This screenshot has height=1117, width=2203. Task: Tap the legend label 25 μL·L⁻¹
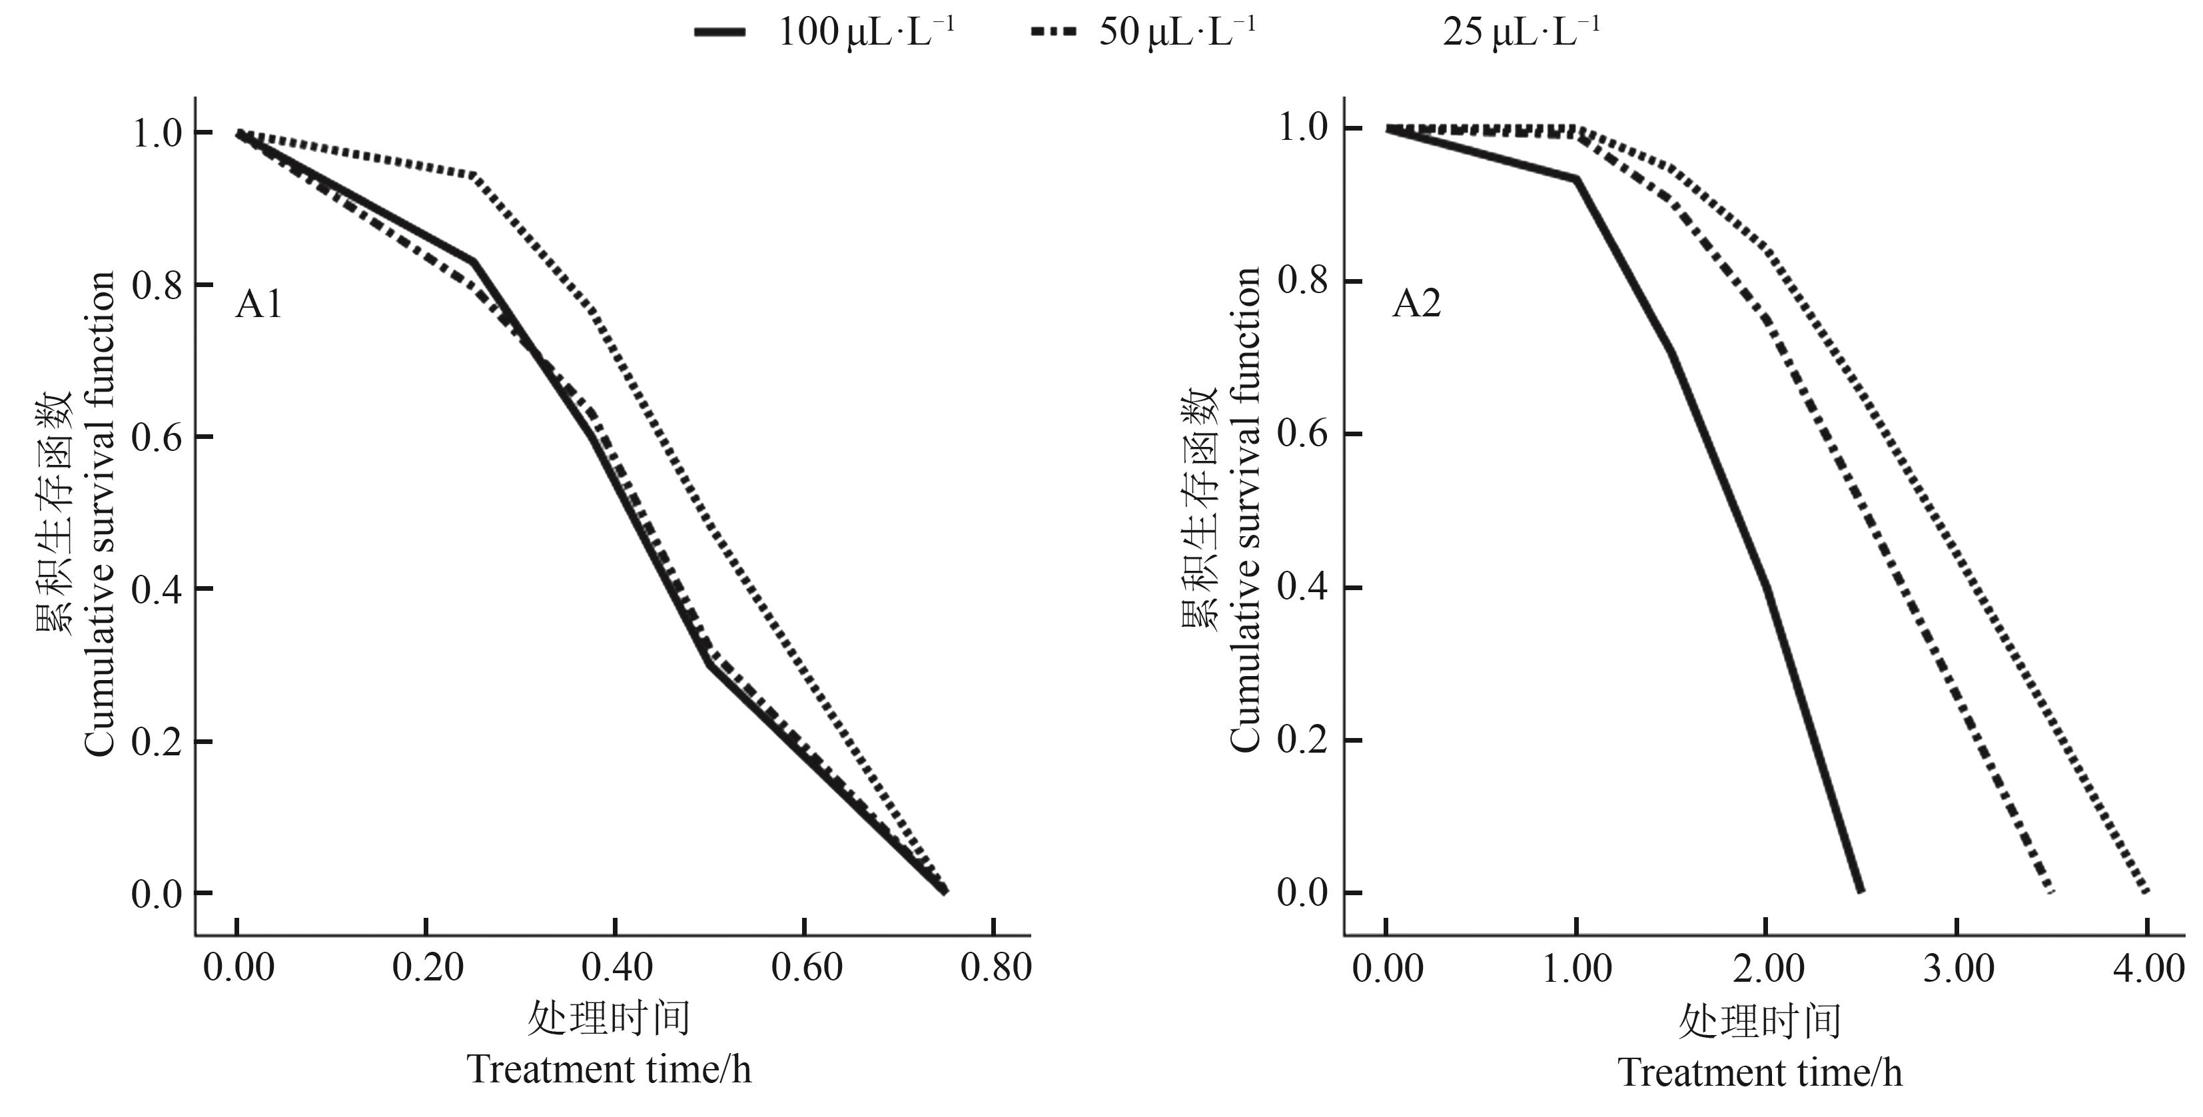tap(1522, 33)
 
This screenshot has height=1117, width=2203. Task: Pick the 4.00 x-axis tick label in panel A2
tap(2148, 968)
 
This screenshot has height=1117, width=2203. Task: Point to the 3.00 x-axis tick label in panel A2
tap(1959, 968)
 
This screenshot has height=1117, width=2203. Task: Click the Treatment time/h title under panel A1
tap(609, 1070)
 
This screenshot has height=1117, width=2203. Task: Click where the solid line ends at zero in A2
tap(1860, 891)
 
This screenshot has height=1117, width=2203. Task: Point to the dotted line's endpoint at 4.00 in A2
tap(2146, 891)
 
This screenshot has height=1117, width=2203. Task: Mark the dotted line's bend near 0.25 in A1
tap(474, 175)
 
